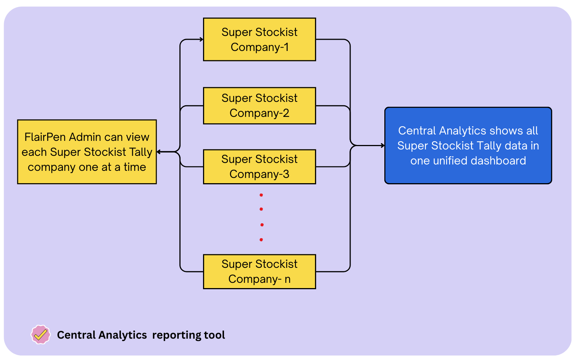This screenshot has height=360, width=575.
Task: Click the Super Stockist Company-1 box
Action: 259,39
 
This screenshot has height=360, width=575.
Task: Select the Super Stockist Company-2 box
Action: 259,106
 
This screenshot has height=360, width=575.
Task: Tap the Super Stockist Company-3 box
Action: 259,167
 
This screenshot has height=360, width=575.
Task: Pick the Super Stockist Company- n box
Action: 259,272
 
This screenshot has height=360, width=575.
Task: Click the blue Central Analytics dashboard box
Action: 468,146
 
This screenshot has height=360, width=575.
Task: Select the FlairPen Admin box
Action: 87,152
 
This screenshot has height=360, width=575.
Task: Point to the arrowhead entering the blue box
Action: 382,146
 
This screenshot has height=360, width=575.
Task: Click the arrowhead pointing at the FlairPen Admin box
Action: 159,152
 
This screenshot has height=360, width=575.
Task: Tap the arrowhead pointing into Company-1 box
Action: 201,39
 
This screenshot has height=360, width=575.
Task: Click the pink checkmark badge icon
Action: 40,335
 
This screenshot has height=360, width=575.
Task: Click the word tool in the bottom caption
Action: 215,335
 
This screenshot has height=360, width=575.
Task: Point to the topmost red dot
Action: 261,195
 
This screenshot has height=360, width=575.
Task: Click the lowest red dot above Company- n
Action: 261,240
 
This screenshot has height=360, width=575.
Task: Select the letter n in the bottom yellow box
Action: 287,279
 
